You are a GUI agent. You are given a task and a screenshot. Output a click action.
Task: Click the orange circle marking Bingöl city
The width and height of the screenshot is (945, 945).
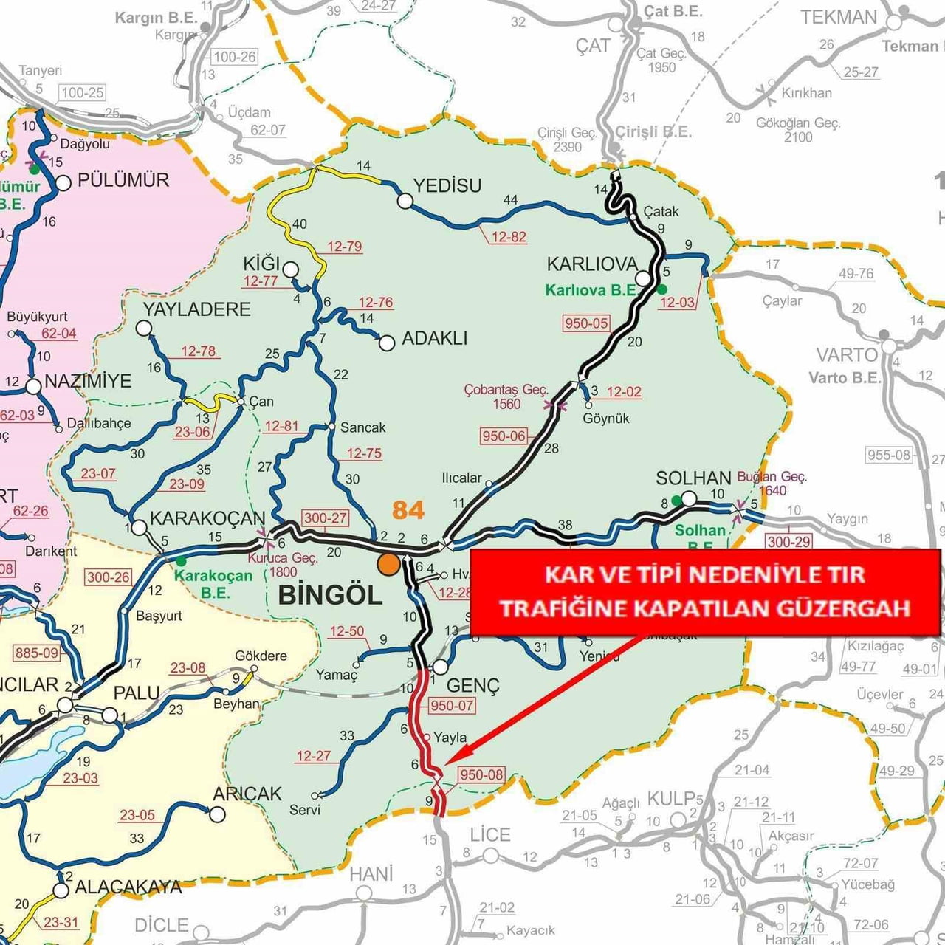tap(388, 564)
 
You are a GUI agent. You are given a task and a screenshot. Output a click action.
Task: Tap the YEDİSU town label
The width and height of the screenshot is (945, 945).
tap(447, 185)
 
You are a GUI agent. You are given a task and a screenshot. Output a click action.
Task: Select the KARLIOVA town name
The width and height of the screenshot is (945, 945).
tap(592, 264)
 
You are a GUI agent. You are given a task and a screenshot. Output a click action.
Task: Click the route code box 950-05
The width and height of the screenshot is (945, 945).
tap(586, 323)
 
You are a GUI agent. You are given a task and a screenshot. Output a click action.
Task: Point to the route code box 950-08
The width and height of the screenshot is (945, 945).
tap(481, 774)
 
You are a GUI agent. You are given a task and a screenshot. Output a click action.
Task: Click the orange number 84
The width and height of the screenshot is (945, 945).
tap(408, 510)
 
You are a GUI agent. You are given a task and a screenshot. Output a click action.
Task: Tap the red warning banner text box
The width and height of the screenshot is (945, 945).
tap(704, 591)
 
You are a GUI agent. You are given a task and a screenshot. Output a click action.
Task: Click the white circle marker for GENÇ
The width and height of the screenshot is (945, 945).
tap(439, 667)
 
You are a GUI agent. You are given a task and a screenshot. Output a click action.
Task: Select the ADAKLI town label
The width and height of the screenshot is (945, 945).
tap(435, 338)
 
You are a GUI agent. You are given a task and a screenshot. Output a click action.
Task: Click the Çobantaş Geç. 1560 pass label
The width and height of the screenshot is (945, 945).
tap(506, 396)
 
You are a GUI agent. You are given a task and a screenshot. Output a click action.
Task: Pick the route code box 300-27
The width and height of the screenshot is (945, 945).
tap(325, 518)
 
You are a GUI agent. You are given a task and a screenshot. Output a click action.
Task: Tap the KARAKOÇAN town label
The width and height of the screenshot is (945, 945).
tap(207, 518)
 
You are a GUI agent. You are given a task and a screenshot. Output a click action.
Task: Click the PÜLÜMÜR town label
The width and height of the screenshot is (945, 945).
tap(123, 180)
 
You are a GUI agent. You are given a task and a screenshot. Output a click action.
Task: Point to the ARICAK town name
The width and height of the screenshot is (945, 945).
tap(247, 794)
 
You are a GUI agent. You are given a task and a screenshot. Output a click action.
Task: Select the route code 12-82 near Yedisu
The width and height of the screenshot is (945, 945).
tap(509, 237)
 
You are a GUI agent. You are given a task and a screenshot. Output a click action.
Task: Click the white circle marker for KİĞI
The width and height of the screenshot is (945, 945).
tap(290, 269)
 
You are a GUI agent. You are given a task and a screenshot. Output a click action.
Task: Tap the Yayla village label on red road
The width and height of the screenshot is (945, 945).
tap(450, 737)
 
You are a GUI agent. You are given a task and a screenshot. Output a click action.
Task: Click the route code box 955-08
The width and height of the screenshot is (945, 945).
tap(889, 455)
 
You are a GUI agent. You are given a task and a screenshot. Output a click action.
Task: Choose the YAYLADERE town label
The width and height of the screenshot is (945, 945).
tap(197, 309)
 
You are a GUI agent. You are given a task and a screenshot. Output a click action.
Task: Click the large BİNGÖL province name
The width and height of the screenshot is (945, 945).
tap(330, 595)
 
